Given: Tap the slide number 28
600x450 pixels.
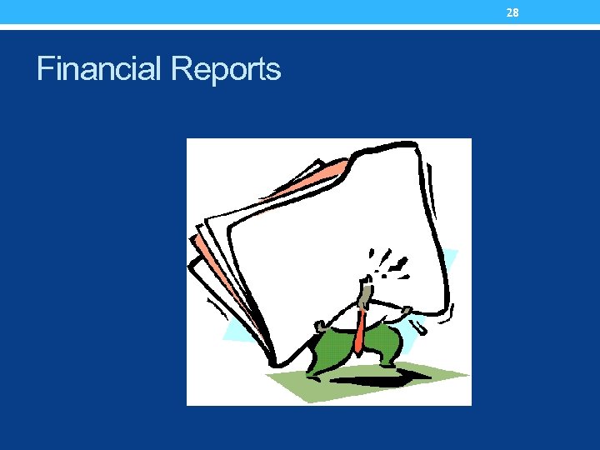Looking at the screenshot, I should [512, 12].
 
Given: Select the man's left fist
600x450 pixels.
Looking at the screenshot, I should [322, 324].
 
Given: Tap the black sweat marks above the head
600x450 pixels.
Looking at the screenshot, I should [387, 262].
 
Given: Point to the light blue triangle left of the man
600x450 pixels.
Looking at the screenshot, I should [242, 329].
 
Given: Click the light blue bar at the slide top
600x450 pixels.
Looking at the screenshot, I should [250, 12].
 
